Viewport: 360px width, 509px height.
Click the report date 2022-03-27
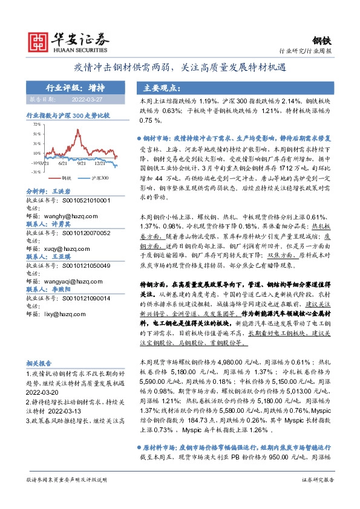pos(87,99)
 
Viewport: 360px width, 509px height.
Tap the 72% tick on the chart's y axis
pos(37,124)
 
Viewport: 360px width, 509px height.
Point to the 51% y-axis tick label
pos(37,134)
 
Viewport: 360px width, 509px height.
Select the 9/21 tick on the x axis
pos(82,163)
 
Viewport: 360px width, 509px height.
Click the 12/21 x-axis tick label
pos(100,163)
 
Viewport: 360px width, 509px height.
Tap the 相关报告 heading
pos(39,363)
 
